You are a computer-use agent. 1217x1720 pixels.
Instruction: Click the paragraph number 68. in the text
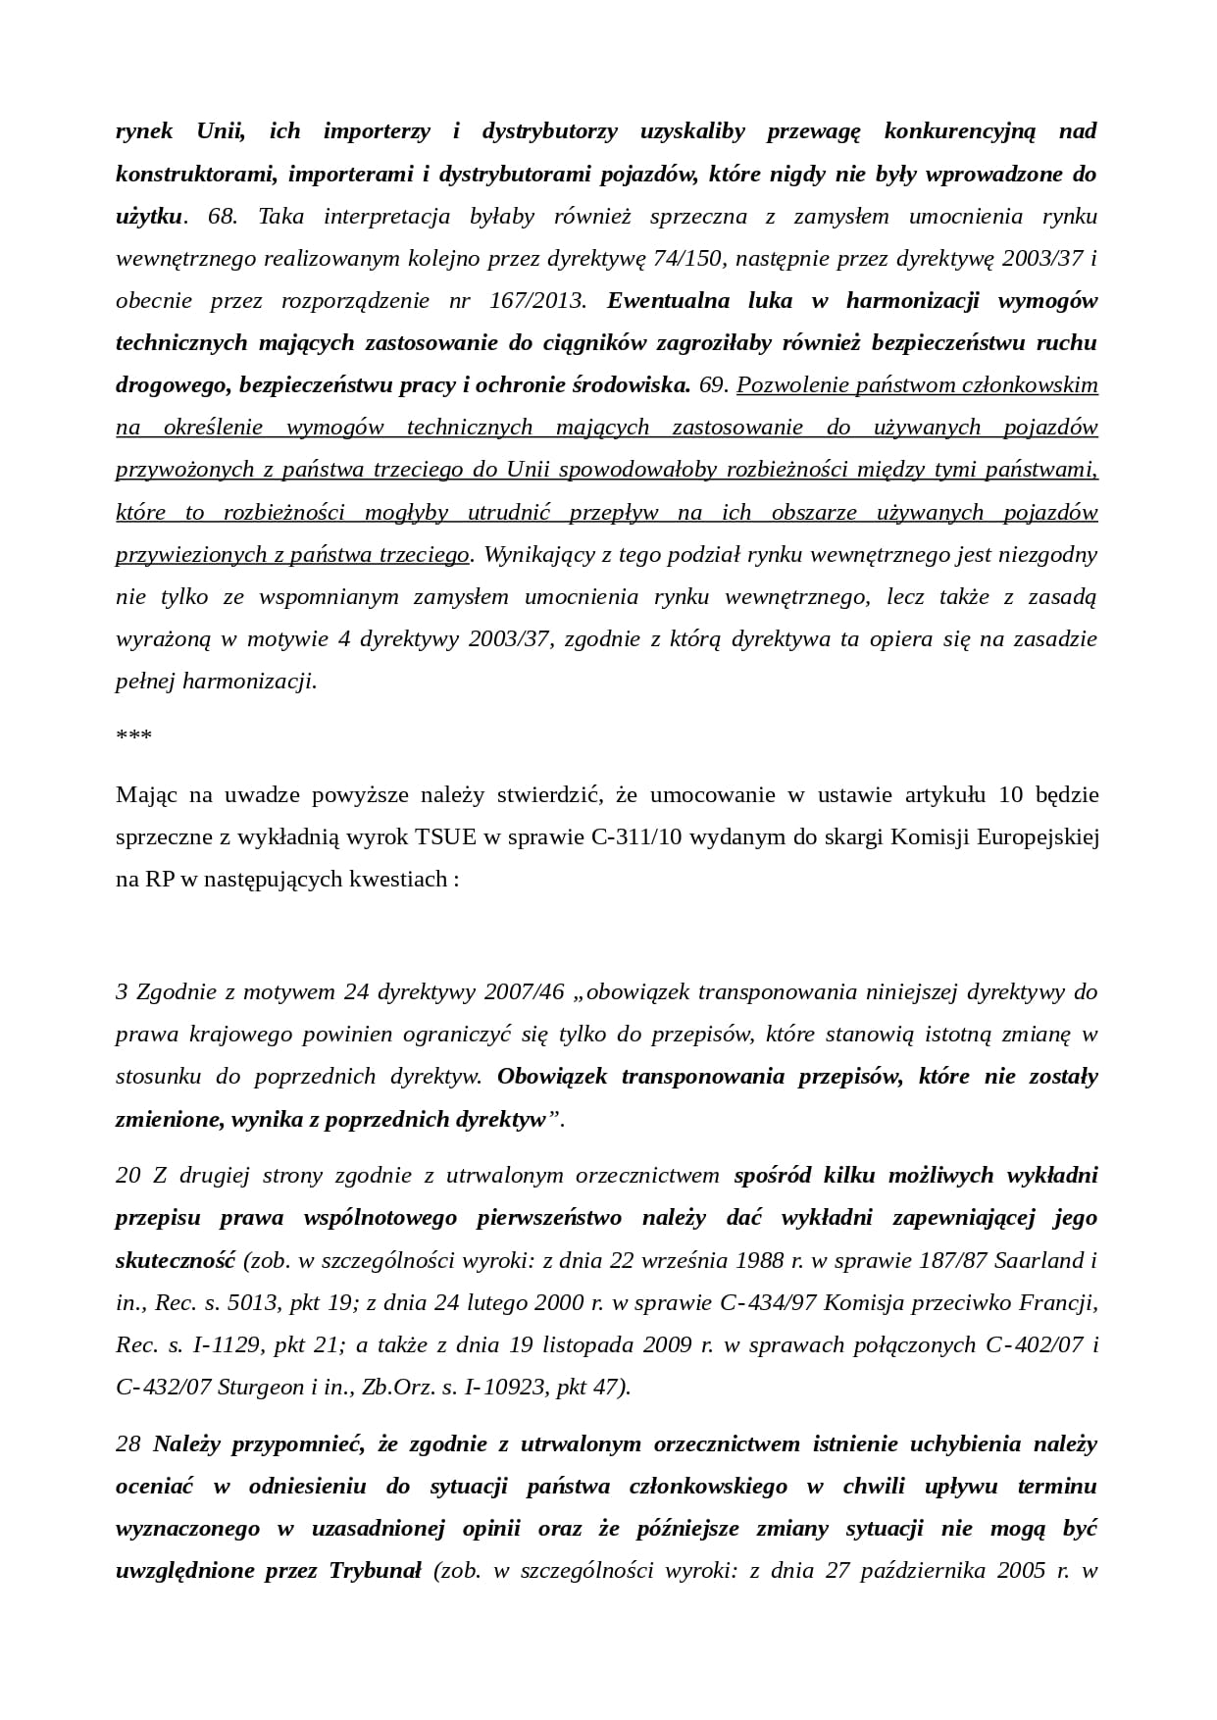click(x=223, y=216)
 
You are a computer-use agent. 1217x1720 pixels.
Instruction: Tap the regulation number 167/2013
click(x=537, y=300)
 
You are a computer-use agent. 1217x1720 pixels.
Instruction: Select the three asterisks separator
click(x=133, y=735)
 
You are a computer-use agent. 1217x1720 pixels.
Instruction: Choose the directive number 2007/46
click(x=526, y=991)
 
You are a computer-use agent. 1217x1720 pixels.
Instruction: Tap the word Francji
click(x=1063, y=1302)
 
